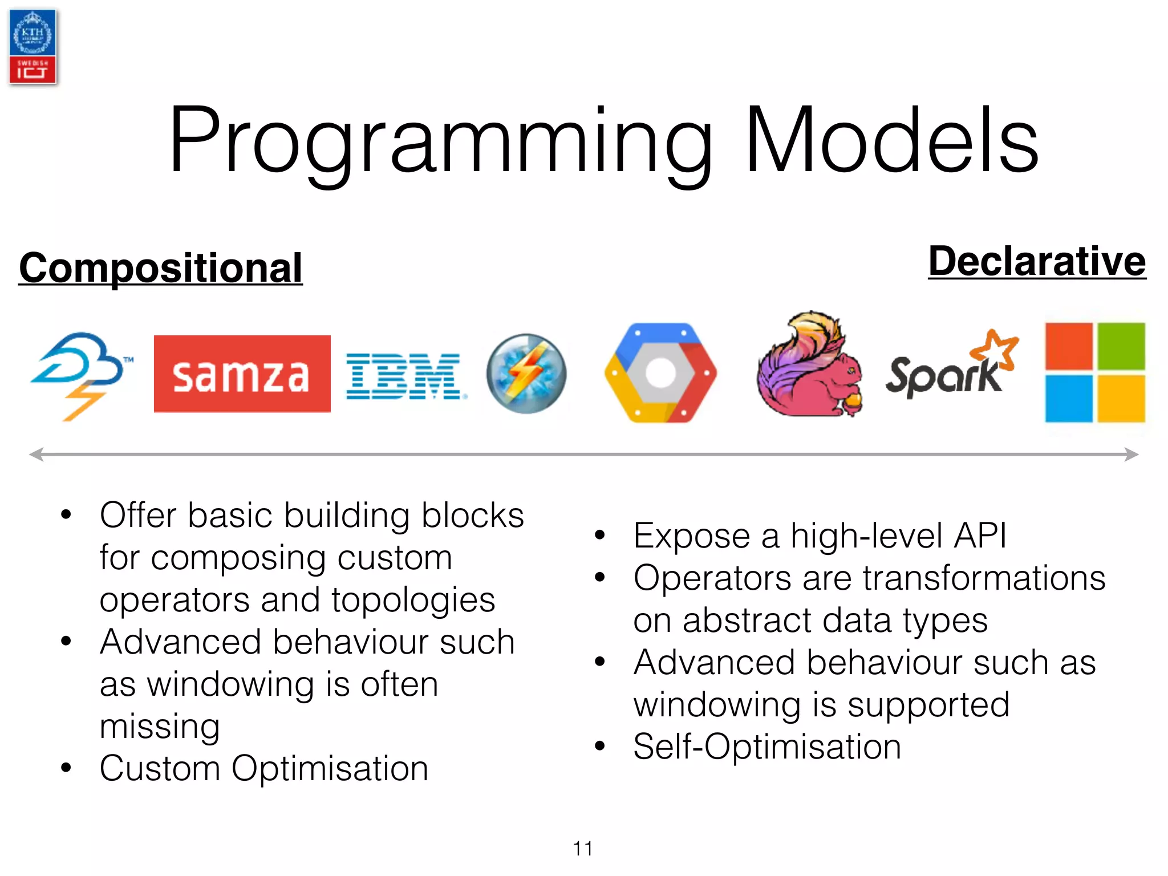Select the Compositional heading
coord(160,268)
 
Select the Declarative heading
coord(1036,262)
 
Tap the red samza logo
coord(242,374)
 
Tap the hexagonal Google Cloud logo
coord(660,373)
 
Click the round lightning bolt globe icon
coord(526,374)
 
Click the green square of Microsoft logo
coord(1121,347)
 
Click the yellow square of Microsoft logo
coord(1121,399)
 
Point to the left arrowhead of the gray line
coord(35,455)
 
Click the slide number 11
coord(583,848)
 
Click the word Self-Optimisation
coord(766,747)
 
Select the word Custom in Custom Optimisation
coord(159,768)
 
